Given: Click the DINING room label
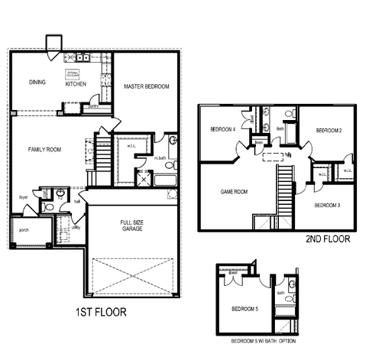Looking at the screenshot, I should pyautogui.click(x=37, y=82).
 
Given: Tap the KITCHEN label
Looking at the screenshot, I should pyautogui.click(x=76, y=84).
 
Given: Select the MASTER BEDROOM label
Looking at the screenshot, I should pyautogui.click(x=146, y=87).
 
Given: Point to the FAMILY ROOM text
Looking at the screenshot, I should pyautogui.click(x=44, y=149).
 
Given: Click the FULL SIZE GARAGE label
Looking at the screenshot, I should pyautogui.click(x=131, y=227).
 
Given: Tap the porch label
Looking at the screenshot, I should pyautogui.click(x=24, y=229).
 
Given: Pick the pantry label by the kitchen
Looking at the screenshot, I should pyautogui.click(x=92, y=106).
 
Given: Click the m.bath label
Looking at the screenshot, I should pyautogui.click(x=160, y=158).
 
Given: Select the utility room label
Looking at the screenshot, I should pyautogui.click(x=76, y=227).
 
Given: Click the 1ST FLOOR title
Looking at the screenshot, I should pyautogui.click(x=100, y=312).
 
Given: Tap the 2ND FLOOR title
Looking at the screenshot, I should pyautogui.click(x=328, y=239).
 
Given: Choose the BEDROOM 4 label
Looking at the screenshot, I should pyautogui.click(x=222, y=129).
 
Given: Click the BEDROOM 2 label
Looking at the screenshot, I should pyautogui.click(x=329, y=131).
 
